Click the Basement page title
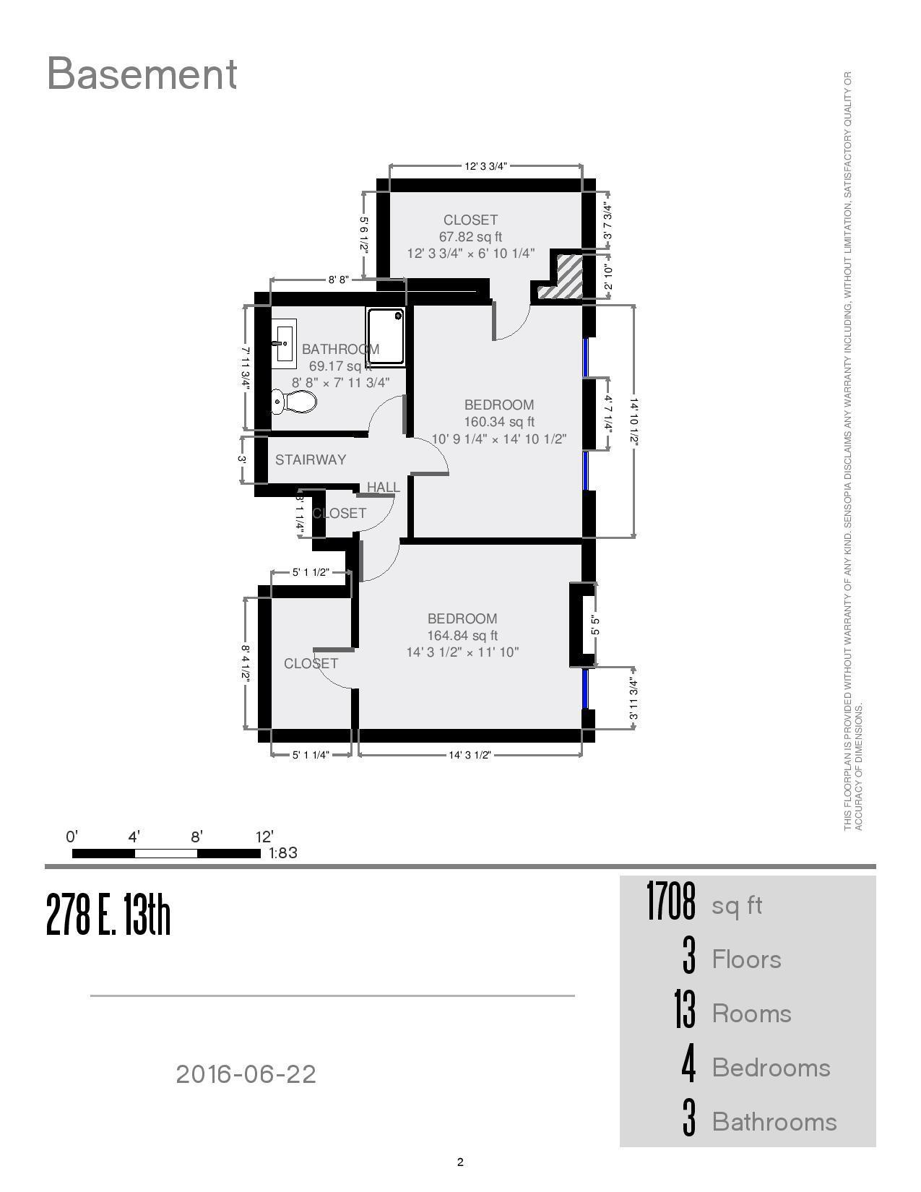[x=142, y=74]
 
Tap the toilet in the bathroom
[x=294, y=402]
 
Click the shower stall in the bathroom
[x=385, y=336]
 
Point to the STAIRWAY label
[x=311, y=459]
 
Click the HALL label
[x=383, y=487]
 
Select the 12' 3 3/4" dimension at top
[x=485, y=166]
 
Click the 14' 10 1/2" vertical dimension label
[x=634, y=421]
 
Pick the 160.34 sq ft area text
[x=499, y=422]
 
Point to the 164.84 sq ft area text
[x=462, y=636]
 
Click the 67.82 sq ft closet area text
[x=470, y=237]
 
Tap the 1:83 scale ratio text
[x=283, y=852]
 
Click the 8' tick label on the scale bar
[x=196, y=837]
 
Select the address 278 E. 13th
[x=108, y=915]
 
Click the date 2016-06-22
[x=246, y=1074]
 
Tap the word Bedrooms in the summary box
[x=771, y=1068]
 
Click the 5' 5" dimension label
[x=595, y=625]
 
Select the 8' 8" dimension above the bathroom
[x=338, y=280]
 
